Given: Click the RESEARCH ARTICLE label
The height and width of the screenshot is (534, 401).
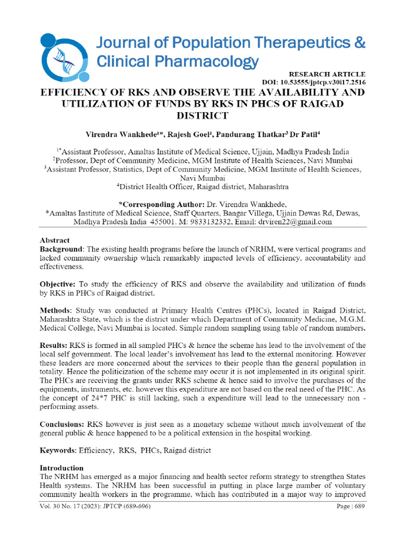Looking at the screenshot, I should coord(327,75).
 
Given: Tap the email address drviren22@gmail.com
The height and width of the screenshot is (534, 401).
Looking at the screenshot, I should coord(296,222).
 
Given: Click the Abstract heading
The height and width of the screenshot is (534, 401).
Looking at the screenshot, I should coord(55,240).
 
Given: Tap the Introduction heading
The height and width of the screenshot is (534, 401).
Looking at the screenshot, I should coord(62,468).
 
